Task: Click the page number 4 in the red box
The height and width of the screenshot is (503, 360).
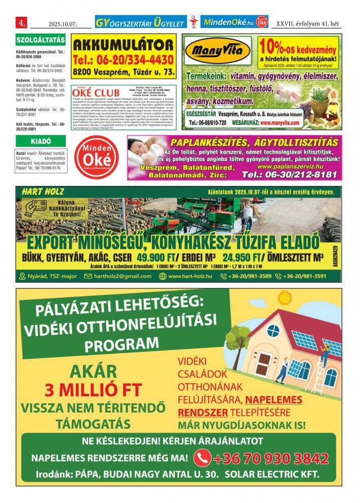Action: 22,23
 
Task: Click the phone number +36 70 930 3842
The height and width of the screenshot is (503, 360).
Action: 266,458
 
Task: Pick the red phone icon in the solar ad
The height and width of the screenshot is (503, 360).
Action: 202,458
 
